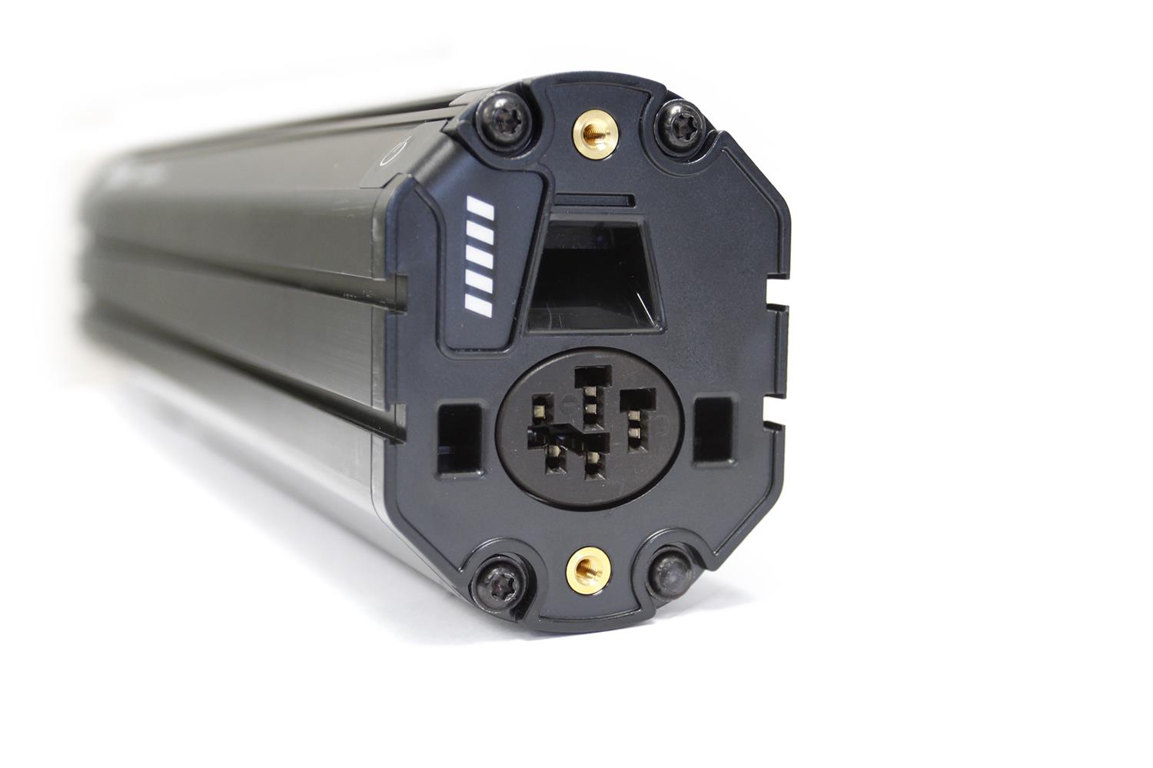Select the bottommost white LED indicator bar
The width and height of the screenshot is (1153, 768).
[x=479, y=306]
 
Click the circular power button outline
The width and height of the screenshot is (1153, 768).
[x=390, y=151]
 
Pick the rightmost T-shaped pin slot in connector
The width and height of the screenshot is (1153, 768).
[x=636, y=419]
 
